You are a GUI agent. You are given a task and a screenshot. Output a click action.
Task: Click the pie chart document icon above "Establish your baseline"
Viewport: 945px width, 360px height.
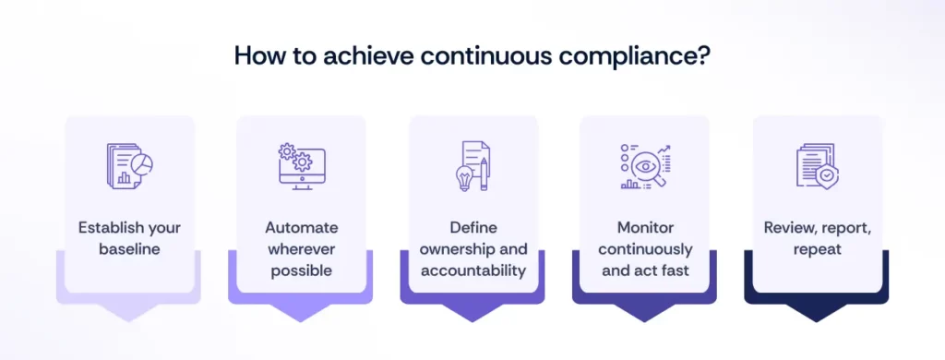click(x=130, y=168)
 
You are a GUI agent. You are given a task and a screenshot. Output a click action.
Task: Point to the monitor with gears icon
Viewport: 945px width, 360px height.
click(x=301, y=167)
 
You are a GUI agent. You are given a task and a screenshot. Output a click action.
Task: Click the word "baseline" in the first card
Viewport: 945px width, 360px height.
click(x=130, y=249)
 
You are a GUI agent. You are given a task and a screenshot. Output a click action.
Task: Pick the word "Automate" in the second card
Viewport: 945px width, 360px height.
click(x=301, y=227)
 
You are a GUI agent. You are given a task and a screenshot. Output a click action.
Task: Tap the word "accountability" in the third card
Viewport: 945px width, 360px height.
click(x=473, y=271)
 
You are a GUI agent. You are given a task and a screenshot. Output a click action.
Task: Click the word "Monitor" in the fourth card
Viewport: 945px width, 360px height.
click(x=644, y=227)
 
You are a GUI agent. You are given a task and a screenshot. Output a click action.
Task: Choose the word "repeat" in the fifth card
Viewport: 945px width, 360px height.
click(x=818, y=249)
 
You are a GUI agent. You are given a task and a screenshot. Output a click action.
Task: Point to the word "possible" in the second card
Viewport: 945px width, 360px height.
click(x=301, y=271)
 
